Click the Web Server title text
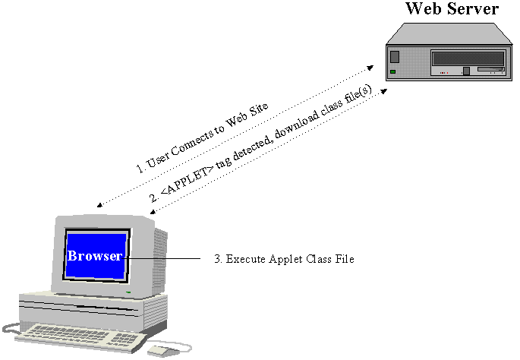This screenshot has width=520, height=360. point(452,9)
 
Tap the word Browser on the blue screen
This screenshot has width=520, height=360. point(94,256)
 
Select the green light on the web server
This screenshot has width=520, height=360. point(393,71)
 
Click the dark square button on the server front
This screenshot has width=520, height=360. point(394,55)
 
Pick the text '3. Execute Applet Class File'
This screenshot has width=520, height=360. point(284,259)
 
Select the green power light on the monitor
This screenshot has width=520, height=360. point(128,292)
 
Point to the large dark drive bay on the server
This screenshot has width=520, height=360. point(467,58)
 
